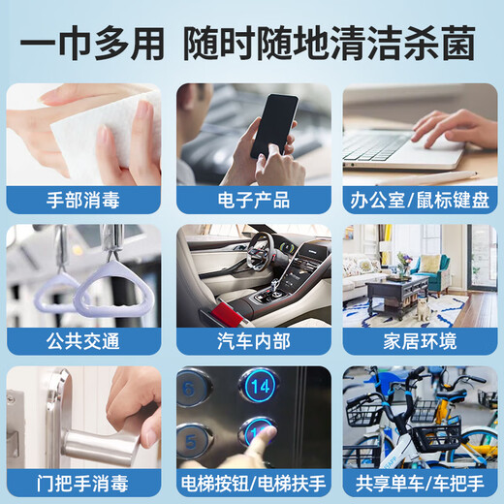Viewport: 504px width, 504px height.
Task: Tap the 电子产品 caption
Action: [x=251, y=201]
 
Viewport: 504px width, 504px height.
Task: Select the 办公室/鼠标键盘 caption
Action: [x=420, y=201]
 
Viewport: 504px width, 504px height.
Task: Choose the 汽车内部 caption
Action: [x=251, y=341]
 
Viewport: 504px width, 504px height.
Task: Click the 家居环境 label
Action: [x=420, y=341]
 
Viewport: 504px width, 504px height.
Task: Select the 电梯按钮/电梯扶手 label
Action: [x=251, y=482]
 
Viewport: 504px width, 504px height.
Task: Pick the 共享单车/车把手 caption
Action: [x=420, y=482]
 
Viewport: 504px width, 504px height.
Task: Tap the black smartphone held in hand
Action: [x=274, y=126]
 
